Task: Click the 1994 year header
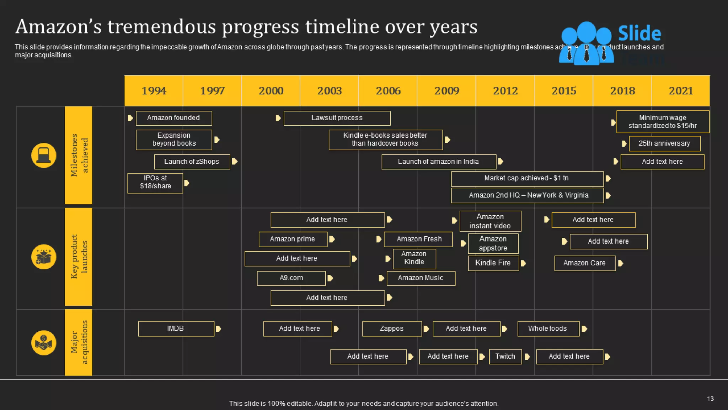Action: pyautogui.click(x=154, y=91)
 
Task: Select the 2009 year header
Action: pyautogui.click(x=446, y=91)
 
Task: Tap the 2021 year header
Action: pyautogui.click(x=681, y=91)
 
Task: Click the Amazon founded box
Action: pyautogui.click(x=174, y=118)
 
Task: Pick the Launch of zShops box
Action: pyautogui.click(x=192, y=162)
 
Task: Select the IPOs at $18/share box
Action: pyautogui.click(x=155, y=182)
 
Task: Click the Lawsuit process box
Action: pyautogui.click(x=337, y=118)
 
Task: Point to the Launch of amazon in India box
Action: pyautogui.click(x=439, y=162)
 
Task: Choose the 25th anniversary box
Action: pyautogui.click(x=664, y=143)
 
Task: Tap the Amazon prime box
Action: pyautogui.click(x=293, y=239)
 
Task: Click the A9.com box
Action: pyautogui.click(x=291, y=278)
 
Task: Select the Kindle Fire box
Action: pyautogui.click(x=493, y=263)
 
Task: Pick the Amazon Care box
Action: pyautogui.click(x=585, y=263)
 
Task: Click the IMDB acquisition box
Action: pyautogui.click(x=176, y=328)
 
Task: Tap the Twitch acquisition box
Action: pyautogui.click(x=505, y=356)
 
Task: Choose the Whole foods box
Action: pyautogui.click(x=548, y=328)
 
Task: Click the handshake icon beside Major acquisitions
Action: pyautogui.click(x=44, y=343)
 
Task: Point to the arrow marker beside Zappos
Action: pyautogui.click(x=426, y=329)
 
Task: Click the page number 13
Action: pyautogui.click(x=710, y=399)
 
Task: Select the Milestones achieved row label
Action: pyautogui.click(x=79, y=155)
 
